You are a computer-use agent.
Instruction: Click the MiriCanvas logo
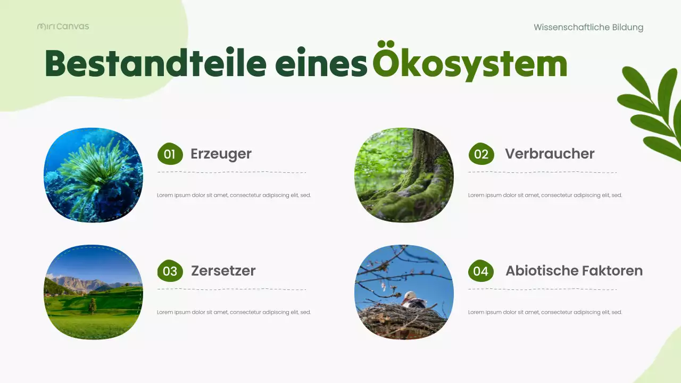(63, 26)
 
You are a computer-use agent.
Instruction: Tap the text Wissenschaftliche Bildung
(588, 27)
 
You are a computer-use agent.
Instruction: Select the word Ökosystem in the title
(469, 64)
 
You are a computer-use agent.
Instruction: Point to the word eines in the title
(321, 65)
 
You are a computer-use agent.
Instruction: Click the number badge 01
(170, 154)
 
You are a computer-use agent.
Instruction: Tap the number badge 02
(481, 154)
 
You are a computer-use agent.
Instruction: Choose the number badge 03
(170, 271)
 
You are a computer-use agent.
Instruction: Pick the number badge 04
(480, 271)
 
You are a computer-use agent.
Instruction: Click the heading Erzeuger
(221, 154)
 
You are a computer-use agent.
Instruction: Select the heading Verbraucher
(550, 154)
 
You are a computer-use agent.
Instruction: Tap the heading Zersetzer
(223, 271)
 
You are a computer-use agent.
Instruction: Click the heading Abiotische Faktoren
(574, 271)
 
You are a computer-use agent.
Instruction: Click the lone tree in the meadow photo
(93, 305)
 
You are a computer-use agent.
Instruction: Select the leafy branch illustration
(651, 112)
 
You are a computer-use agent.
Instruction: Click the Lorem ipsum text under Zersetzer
(234, 312)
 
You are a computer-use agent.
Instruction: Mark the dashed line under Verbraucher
(542, 172)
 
